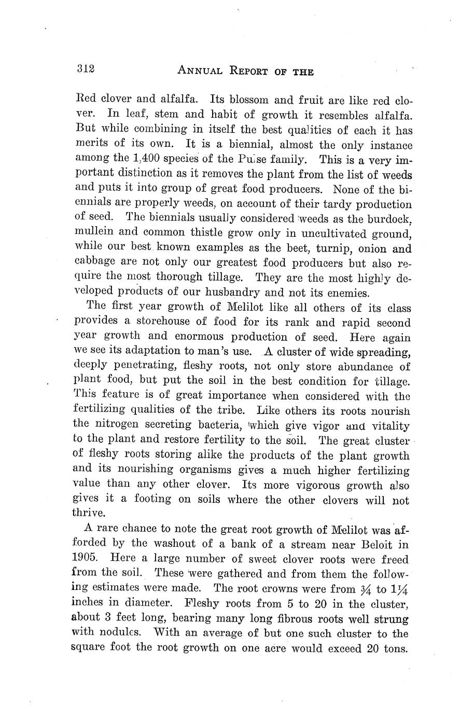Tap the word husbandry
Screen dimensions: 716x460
234,292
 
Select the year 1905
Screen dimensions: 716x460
86,560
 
